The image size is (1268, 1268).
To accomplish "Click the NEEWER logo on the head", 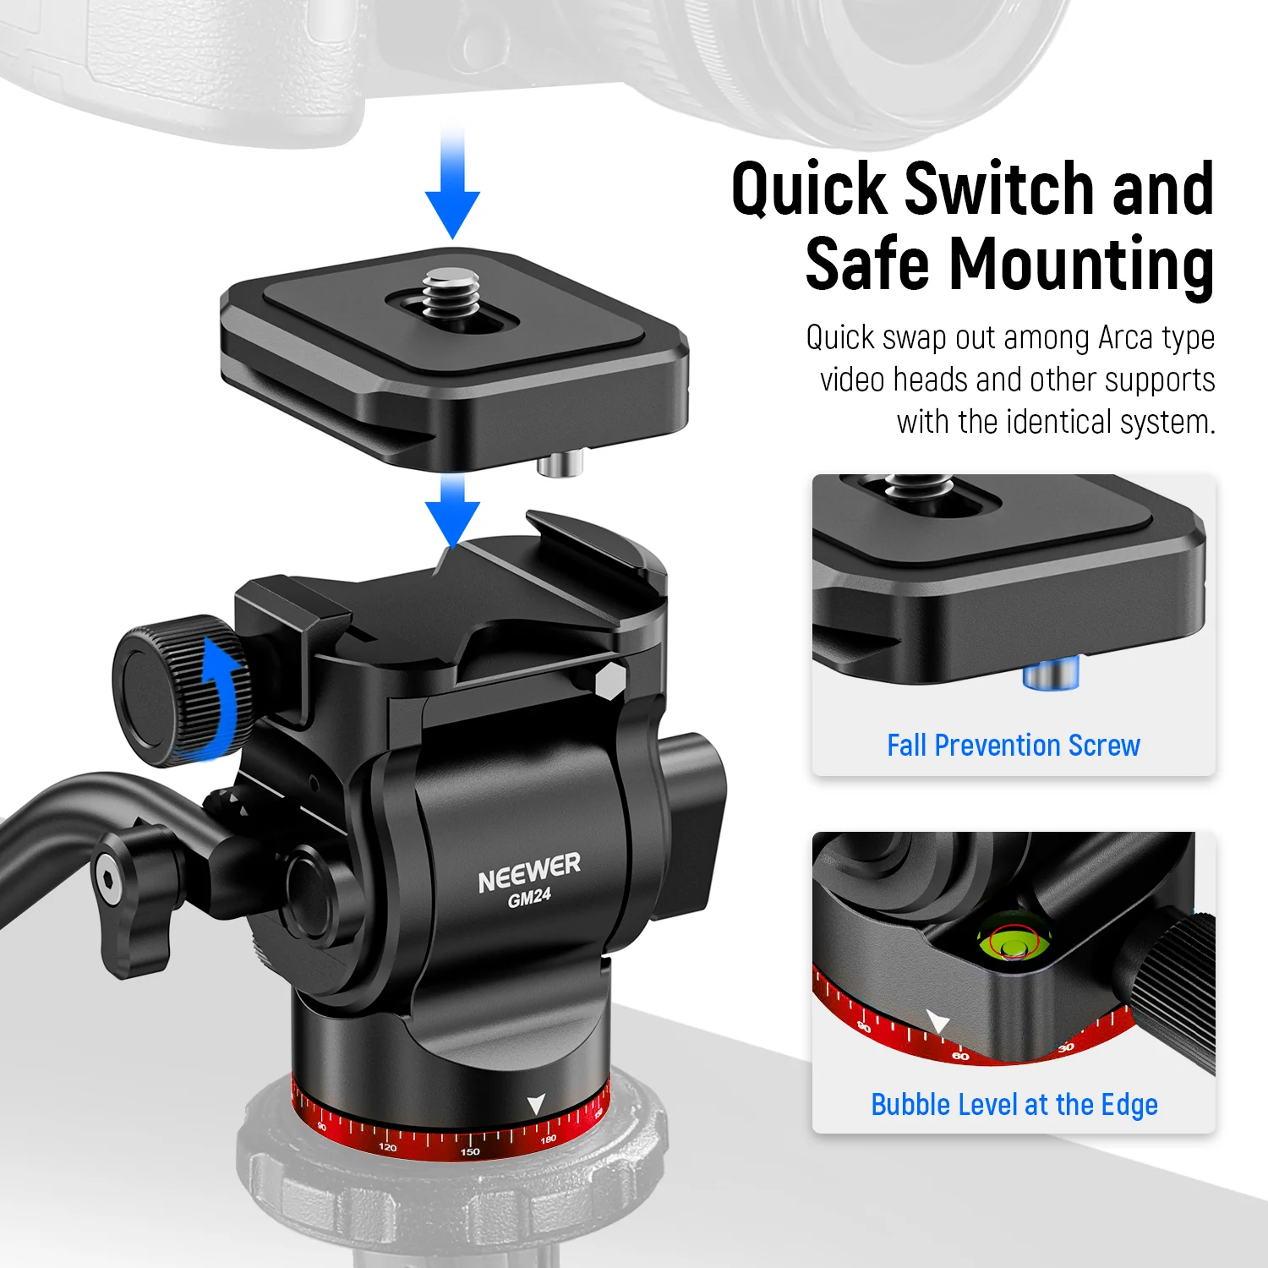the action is pyautogui.click(x=529, y=873).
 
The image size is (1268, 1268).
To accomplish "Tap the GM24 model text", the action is pyautogui.click(x=529, y=898).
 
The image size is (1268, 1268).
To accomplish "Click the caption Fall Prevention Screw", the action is pyautogui.click(x=1014, y=746).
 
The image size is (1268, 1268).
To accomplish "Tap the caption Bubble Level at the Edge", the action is pyautogui.click(x=1014, y=1105).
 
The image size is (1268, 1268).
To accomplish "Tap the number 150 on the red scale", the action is pyautogui.click(x=470, y=1151).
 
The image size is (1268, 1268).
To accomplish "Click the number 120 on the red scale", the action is pyautogui.click(x=388, y=1147).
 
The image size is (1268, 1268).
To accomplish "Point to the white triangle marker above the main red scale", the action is pyautogui.click(x=536, y=1104).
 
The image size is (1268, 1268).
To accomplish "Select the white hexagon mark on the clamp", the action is pyautogui.click(x=610, y=680).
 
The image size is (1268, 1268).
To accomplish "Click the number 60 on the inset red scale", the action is pyautogui.click(x=960, y=1056).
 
